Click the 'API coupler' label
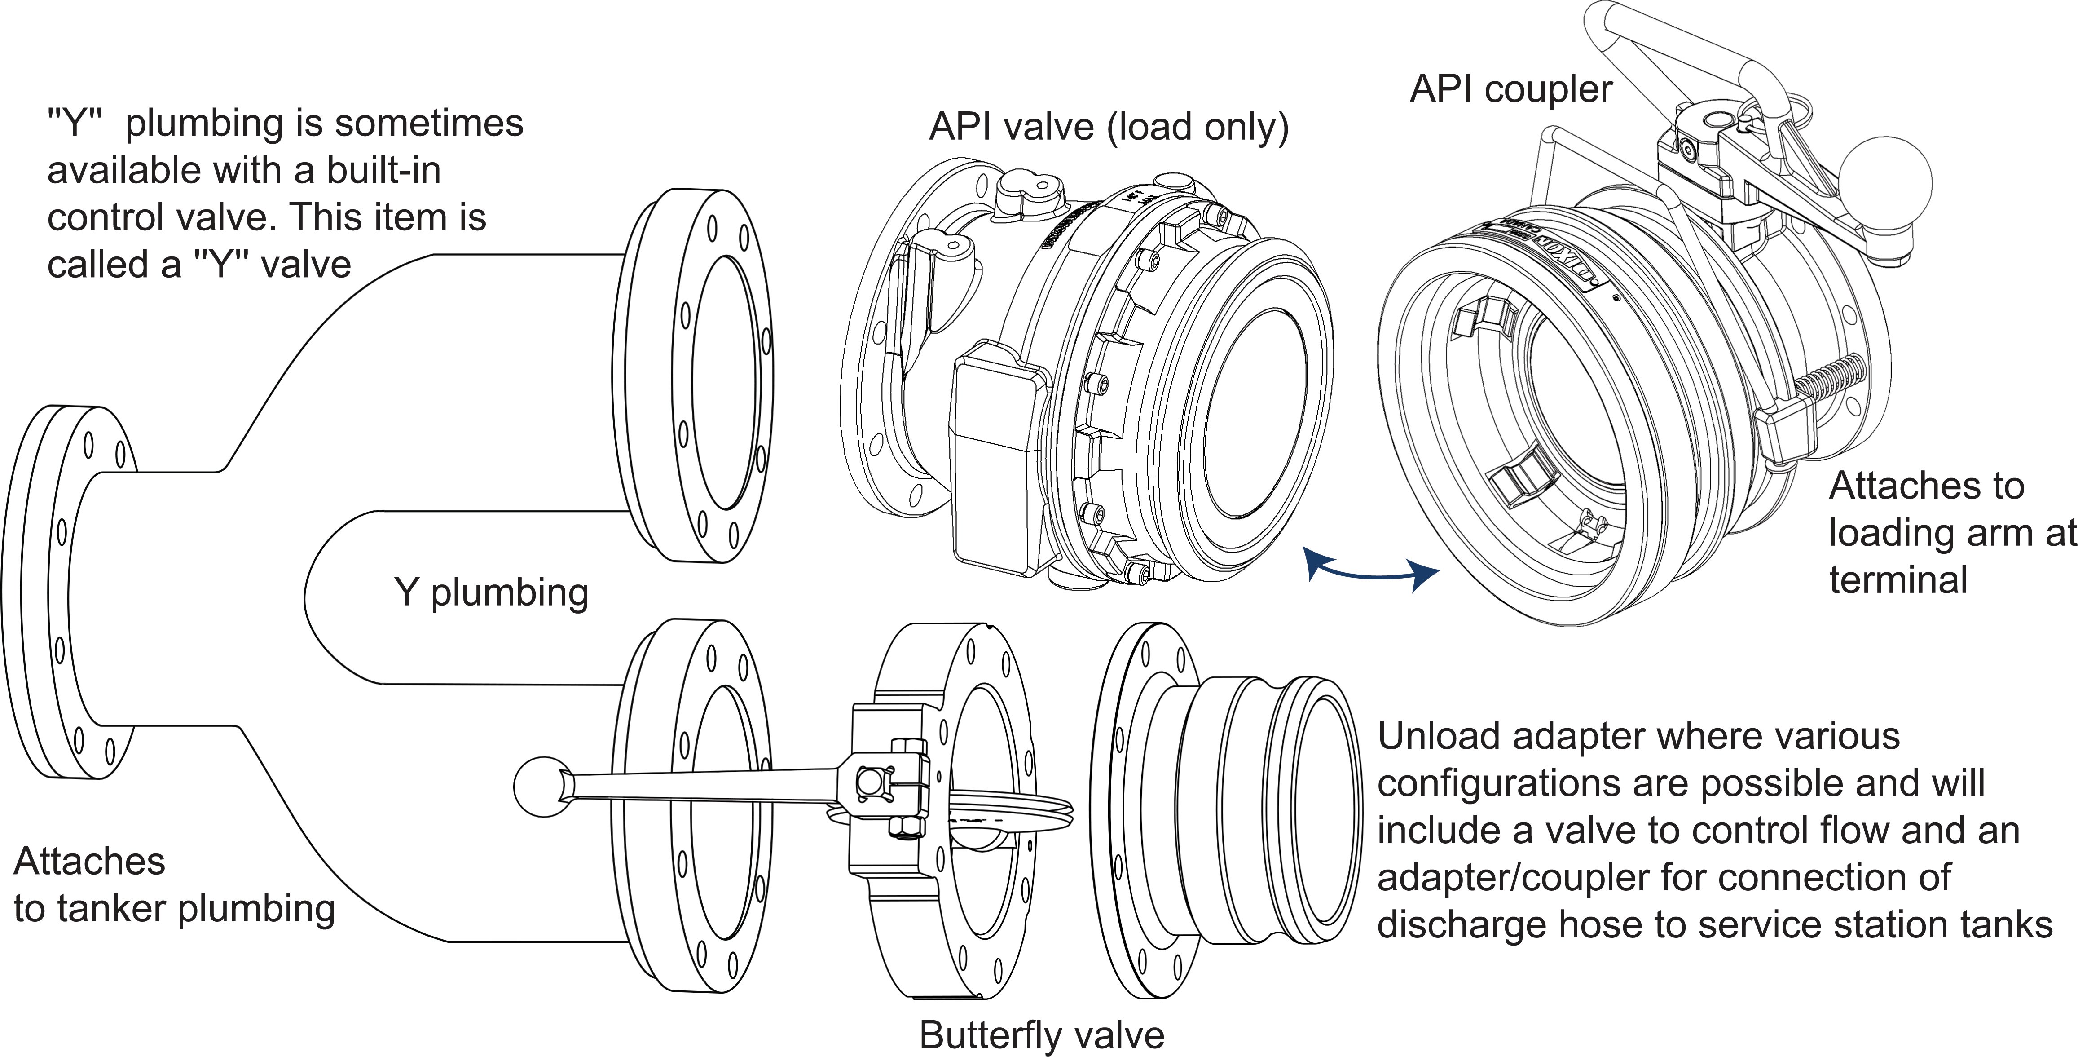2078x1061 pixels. pyautogui.click(x=1510, y=89)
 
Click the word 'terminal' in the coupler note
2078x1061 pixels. pyautogui.click(x=1898, y=580)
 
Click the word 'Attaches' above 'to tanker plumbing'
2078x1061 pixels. pyautogui.click(x=89, y=862)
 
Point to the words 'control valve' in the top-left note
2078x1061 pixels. pyautogui.click(x=161, y=218)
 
